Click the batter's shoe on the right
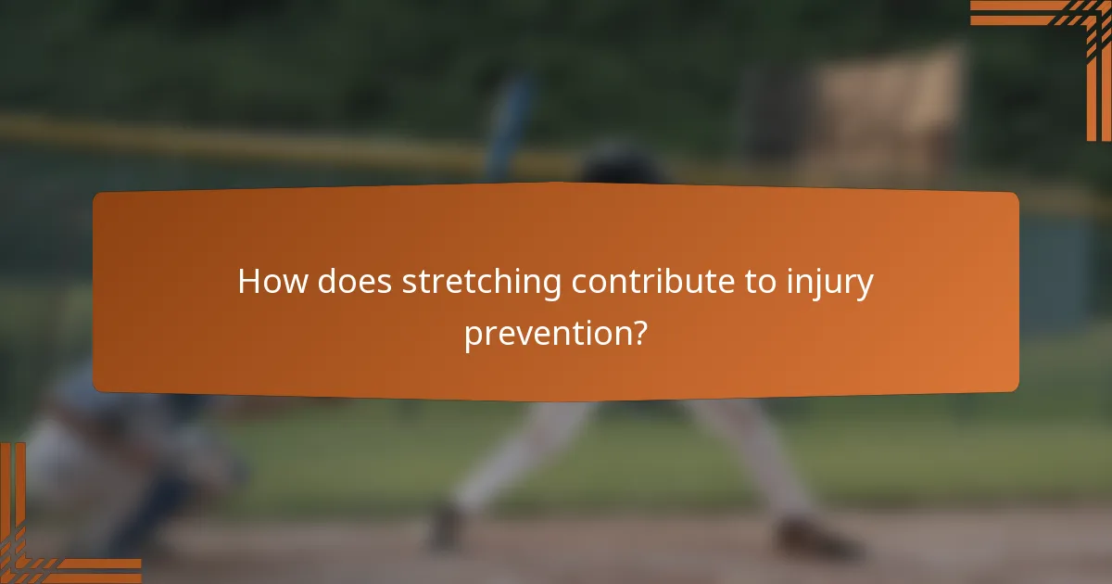[815, 538]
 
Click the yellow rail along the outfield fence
[232, 139]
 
